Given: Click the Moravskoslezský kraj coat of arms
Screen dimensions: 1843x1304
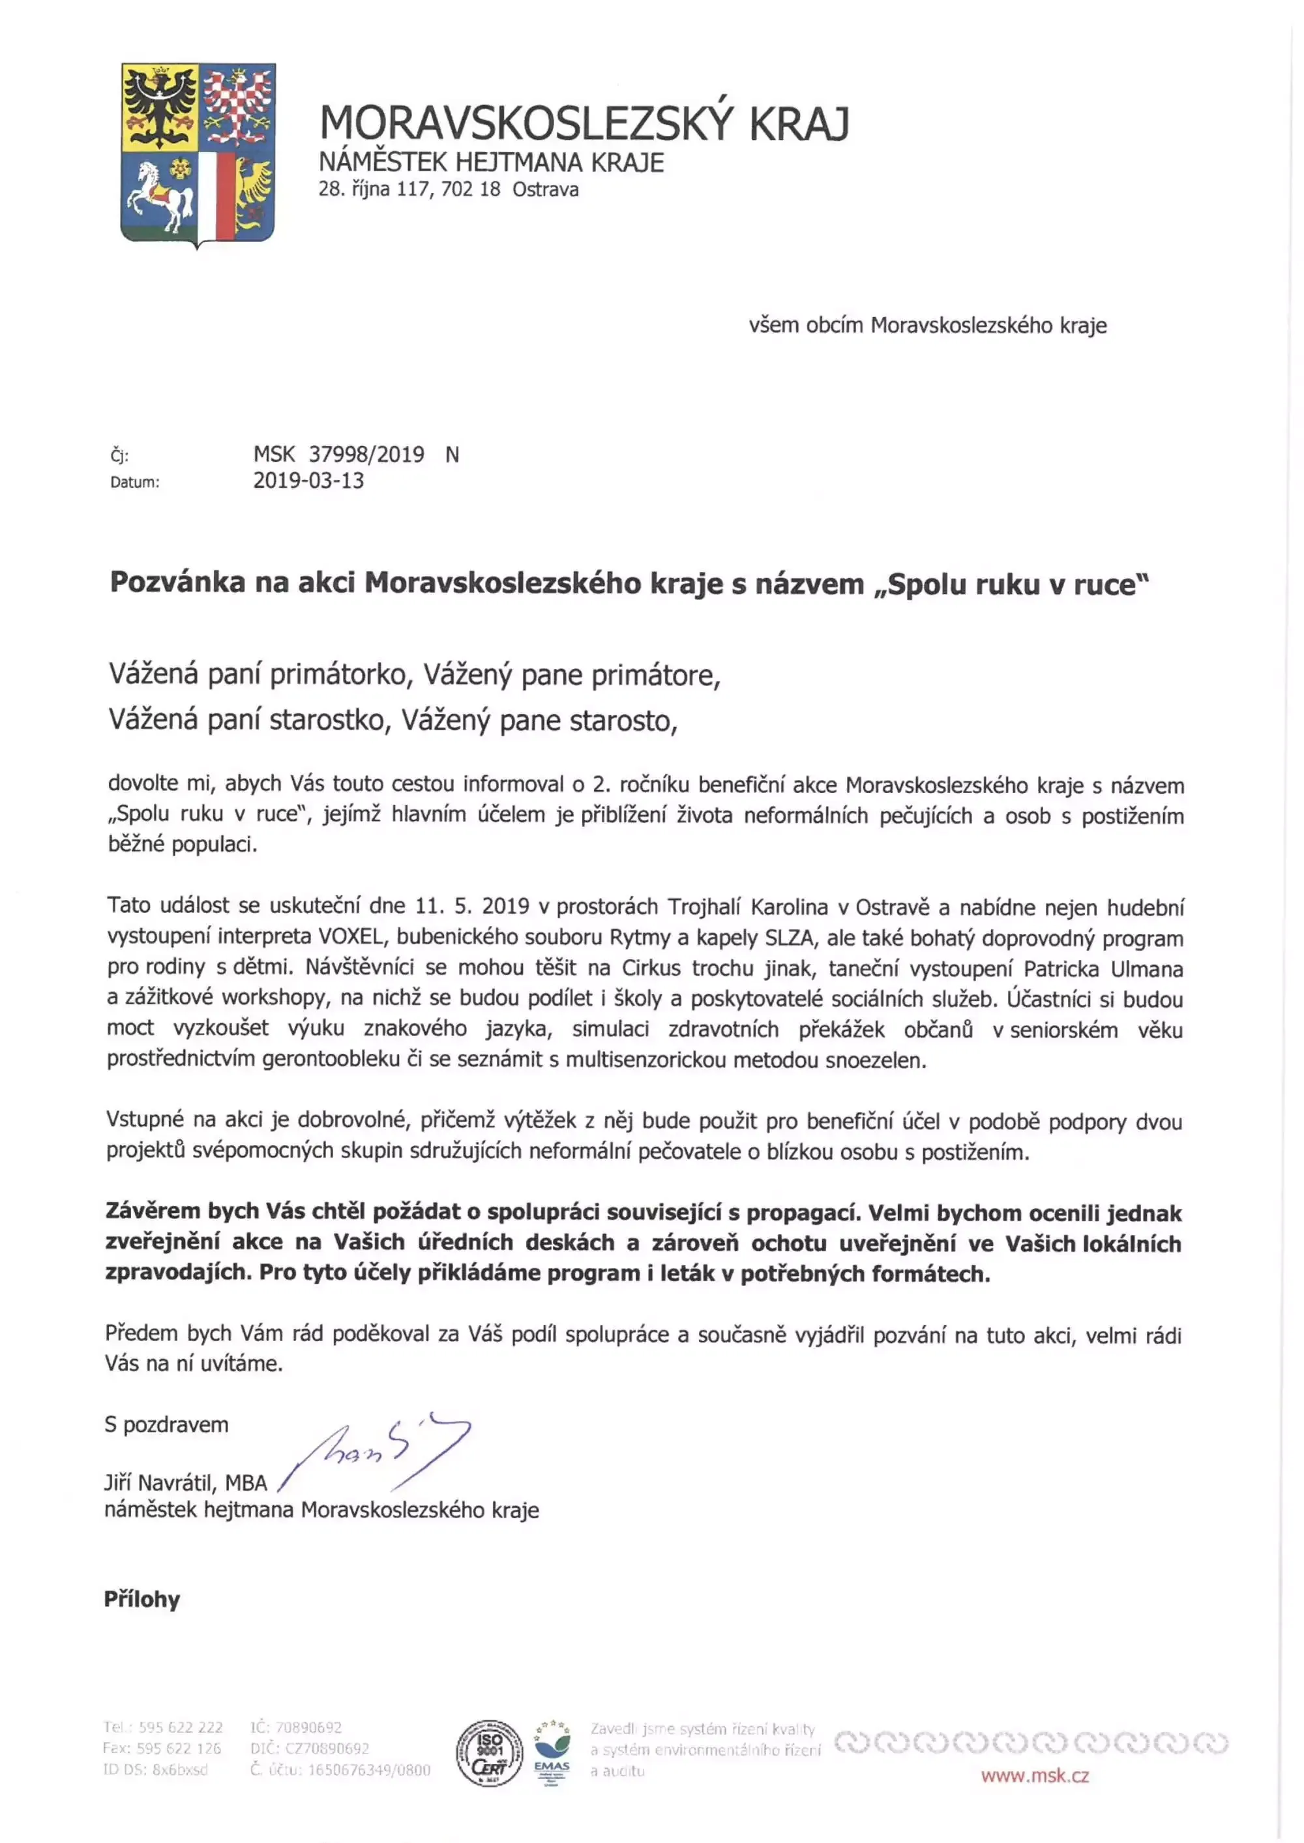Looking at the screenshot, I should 198,154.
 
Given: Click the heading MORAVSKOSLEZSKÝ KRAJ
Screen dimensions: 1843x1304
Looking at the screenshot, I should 584,123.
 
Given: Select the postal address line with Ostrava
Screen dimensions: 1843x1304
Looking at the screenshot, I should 448,190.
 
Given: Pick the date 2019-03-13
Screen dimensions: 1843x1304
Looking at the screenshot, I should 308,481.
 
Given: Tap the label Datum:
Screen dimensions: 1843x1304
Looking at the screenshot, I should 135,483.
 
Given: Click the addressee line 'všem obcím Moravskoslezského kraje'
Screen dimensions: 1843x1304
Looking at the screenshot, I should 927,325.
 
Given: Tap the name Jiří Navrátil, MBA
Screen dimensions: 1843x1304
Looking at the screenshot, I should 185,1482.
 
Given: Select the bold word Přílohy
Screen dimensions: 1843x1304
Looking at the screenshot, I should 142,1599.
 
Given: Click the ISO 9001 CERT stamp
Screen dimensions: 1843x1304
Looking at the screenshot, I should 489,1753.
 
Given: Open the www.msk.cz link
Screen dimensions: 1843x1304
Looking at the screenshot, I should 1034,1776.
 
